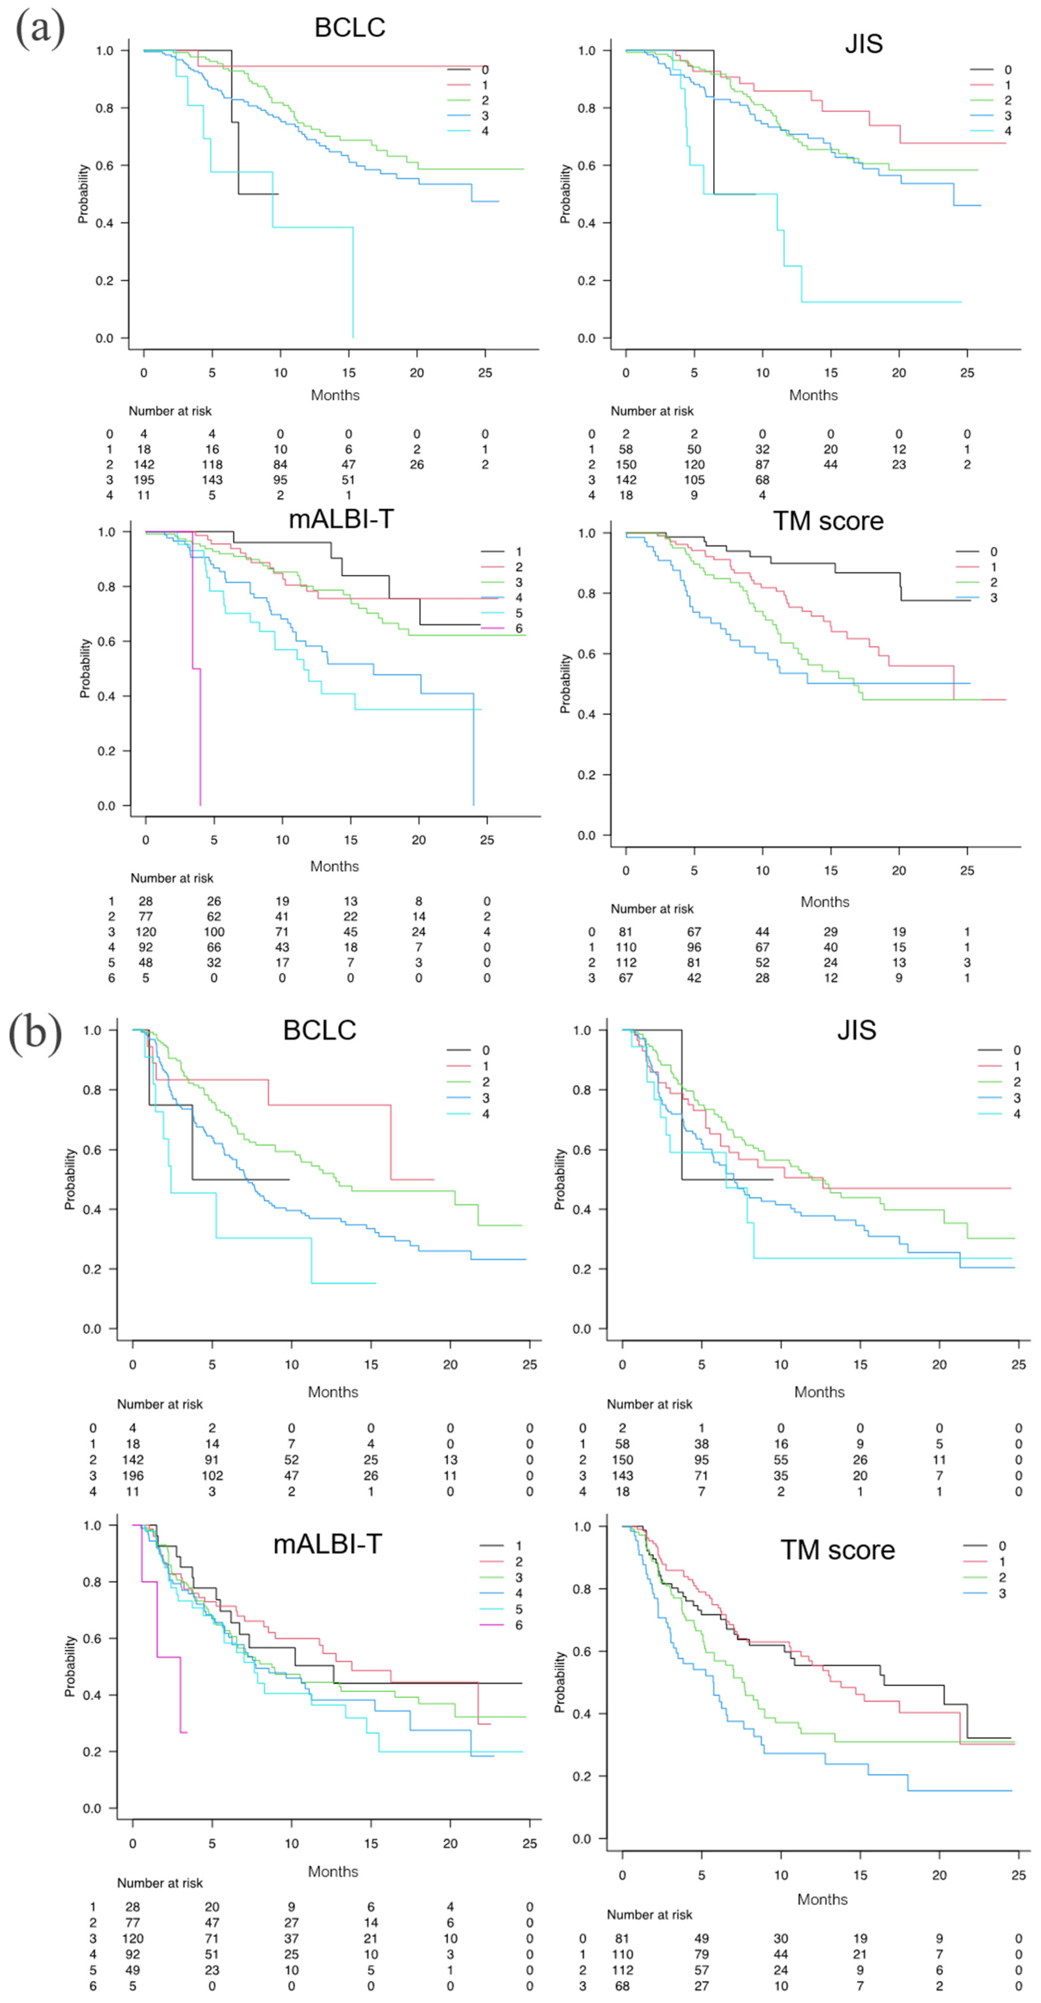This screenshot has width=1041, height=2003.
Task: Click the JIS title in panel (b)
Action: tap(856, 1030)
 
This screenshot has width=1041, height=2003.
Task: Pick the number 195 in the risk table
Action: tap(144, 480)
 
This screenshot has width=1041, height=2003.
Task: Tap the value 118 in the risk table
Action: tap(212, 464)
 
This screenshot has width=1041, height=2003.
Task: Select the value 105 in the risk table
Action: tap(694, 480)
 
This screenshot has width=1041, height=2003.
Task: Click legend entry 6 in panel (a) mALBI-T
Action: tap(518, 628)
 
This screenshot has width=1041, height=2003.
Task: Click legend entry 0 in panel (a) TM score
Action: tap(993, 551)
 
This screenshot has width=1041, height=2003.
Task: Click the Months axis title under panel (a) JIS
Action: tap(813, 395)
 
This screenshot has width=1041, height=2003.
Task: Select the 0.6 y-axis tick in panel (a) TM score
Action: tap(587, 654)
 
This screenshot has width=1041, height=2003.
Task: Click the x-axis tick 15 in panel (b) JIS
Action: tap(860, 1365)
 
